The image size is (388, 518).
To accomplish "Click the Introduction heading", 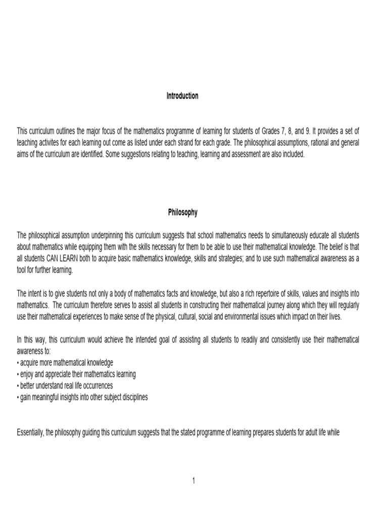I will pyautogui.click(x=182, y=96).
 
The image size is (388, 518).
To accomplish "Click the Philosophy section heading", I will pyautogui.click(x=182, y=213).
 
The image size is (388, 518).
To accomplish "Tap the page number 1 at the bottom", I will pyautogui.click(x=193, y=481).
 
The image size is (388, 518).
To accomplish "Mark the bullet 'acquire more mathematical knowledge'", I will pyautogui.click(x=65, y=363).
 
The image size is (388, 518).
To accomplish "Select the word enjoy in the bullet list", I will pyautogui.click(x=28, y=374).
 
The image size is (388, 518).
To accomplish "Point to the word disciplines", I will pyautogui.click(x=131, y=397).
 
